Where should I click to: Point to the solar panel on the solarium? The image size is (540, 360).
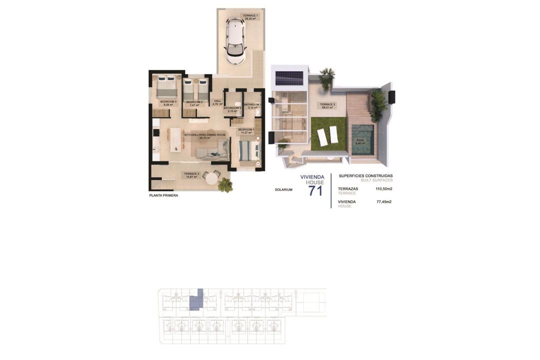[x=289, y=77]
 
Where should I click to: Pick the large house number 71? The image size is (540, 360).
[x=315, y=190]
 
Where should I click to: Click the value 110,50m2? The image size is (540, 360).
[x=383, y=189]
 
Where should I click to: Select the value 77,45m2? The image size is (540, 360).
[x=383, y=202]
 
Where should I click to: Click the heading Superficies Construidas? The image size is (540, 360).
[x=365, y=176]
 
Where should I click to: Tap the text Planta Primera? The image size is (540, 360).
[x=163, y=195]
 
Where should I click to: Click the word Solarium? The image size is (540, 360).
[x=283, y=189]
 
